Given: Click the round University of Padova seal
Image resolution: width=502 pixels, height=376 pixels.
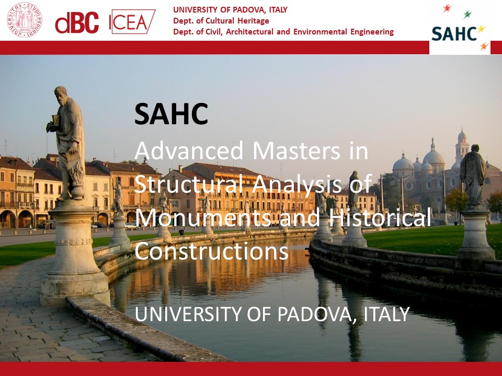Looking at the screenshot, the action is pos(25,20).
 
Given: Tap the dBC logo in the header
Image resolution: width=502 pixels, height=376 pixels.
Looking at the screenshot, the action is pos(77,22).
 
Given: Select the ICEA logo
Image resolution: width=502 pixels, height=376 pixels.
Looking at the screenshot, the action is pos(132,22).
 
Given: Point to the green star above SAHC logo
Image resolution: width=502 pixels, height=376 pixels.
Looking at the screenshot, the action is pos(467,14).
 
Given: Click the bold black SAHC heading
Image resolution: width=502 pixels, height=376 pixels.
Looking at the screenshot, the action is pos(172,114).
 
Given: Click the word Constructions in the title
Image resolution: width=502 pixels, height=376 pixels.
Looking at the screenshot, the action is pos(212,251).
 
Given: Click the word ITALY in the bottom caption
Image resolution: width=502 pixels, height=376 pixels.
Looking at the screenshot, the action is pos(386,314).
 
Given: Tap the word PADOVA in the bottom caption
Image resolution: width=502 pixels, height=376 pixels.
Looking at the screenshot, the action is pos(317,314).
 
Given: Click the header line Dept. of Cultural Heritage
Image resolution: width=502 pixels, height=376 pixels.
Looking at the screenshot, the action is pos(221,21).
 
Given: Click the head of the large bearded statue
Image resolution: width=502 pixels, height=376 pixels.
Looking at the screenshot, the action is pos(61,95).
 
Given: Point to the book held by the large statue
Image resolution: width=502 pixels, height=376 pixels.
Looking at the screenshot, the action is pos(56,120).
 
